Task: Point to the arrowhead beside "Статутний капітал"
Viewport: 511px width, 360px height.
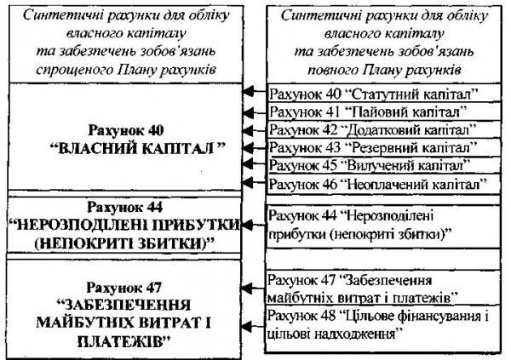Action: coord(248,92)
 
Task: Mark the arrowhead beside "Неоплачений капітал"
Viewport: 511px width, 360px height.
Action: coord(248,183)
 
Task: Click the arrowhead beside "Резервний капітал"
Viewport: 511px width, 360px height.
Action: coord(248,146)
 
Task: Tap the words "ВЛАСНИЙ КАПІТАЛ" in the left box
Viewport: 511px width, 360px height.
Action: coord(129,147)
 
